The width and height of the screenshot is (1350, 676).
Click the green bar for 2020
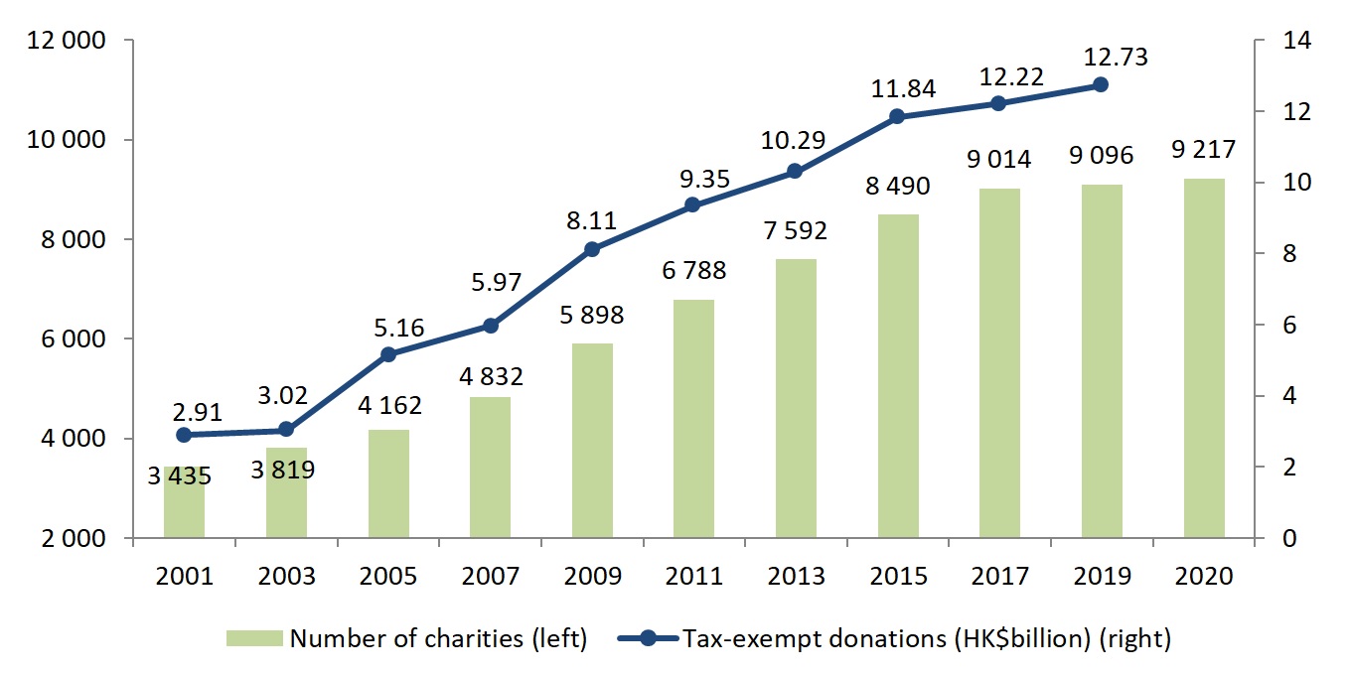pos(1203,358)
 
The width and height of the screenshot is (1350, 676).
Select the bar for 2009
pos(592,441)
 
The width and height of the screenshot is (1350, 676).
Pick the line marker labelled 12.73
pos(1101,85)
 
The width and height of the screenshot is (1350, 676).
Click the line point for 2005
pos(388,354)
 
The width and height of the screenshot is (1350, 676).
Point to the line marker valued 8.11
pos(592,249)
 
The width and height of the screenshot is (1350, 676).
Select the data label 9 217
pos(1203,150)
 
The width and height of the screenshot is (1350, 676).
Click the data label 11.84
pos(897,88)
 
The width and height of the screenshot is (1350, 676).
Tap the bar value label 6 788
pos(693,270)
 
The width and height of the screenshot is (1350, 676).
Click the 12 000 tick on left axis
pos(63,41)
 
